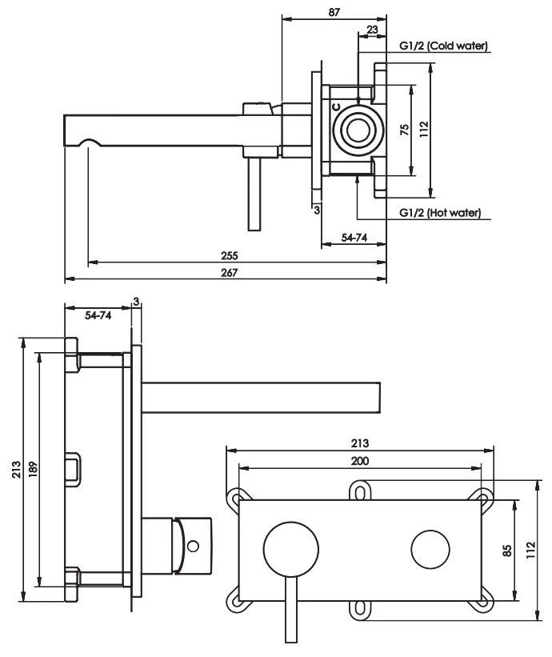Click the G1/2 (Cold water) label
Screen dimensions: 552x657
tap(443, 46)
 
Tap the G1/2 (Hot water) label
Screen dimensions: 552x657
tap(440, 212)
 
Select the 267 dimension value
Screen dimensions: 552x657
tap(229, 273)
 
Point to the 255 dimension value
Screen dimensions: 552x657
tap(229, 255)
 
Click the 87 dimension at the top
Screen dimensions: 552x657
tap(334, 12)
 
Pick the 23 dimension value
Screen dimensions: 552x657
tap(372, 30)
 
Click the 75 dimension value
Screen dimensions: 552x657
tap(405, 130)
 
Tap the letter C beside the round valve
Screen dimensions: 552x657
tap(337, 107)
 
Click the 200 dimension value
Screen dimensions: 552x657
tap(360, 461)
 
